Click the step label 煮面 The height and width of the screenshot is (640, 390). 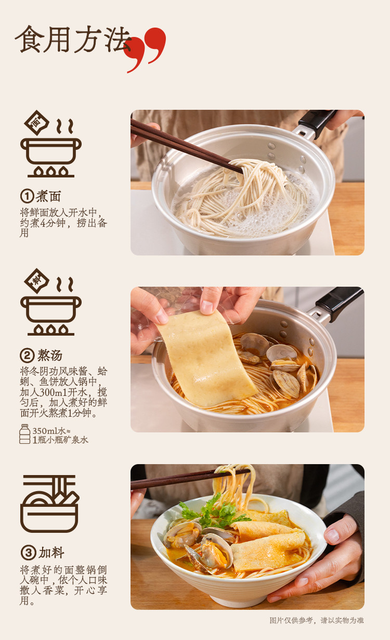[x=48, y=197]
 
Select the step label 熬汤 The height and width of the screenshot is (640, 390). [x=50, y=355]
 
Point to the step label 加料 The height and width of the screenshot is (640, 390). [x=51, y=553]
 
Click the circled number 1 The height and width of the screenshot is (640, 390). [x=27, y=196]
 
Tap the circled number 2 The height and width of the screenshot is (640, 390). [x=28, y=355]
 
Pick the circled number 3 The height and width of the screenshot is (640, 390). [x=28, y=553]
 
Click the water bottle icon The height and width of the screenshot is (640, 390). [x=24, y=434]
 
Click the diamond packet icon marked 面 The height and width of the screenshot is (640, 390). [x=36, y=123]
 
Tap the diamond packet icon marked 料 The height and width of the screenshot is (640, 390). [x=36, y=281]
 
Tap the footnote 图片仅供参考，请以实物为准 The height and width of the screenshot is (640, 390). [x=317, y=620]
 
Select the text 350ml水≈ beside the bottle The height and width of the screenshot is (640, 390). [x=51, y=431]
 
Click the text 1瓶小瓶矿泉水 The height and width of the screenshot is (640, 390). [x=60, y=440]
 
